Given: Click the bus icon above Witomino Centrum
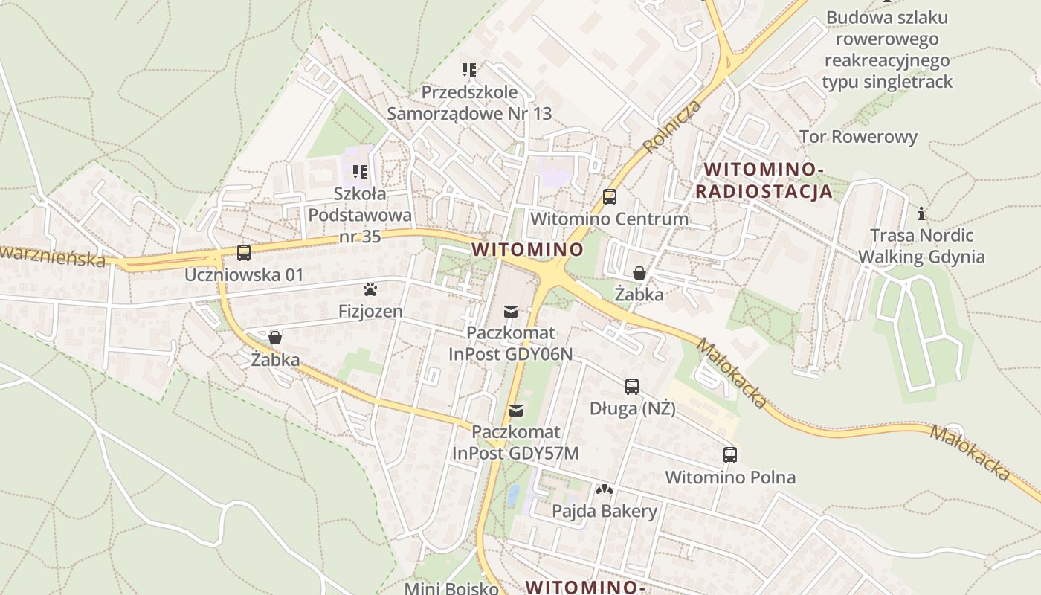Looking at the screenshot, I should point(610,197).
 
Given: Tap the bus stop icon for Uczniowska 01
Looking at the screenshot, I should point(244,253).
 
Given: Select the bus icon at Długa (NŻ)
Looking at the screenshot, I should point(632,387).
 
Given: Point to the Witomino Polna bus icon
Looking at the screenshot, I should point(730,455).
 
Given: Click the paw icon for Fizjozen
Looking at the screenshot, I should point(370,289).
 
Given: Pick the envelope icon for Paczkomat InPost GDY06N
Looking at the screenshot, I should point(511,311).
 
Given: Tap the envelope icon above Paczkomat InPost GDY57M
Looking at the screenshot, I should point(516,410).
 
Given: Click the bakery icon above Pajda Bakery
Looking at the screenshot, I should point(605,489).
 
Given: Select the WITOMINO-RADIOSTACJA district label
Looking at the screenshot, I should point(764,181).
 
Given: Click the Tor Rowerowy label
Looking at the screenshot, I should point(858,137).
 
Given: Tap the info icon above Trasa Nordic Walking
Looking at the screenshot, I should point(922,214).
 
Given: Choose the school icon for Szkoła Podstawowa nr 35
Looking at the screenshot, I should point(361,172).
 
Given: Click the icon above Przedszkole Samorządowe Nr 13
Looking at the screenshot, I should point(469,71).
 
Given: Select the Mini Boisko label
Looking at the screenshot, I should point(451,588).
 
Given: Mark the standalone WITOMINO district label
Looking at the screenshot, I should point(527,248).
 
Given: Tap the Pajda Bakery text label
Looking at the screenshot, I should point(605,511).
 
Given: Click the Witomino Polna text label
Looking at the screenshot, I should point(730,477).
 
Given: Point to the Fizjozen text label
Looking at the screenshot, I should point(370,311).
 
